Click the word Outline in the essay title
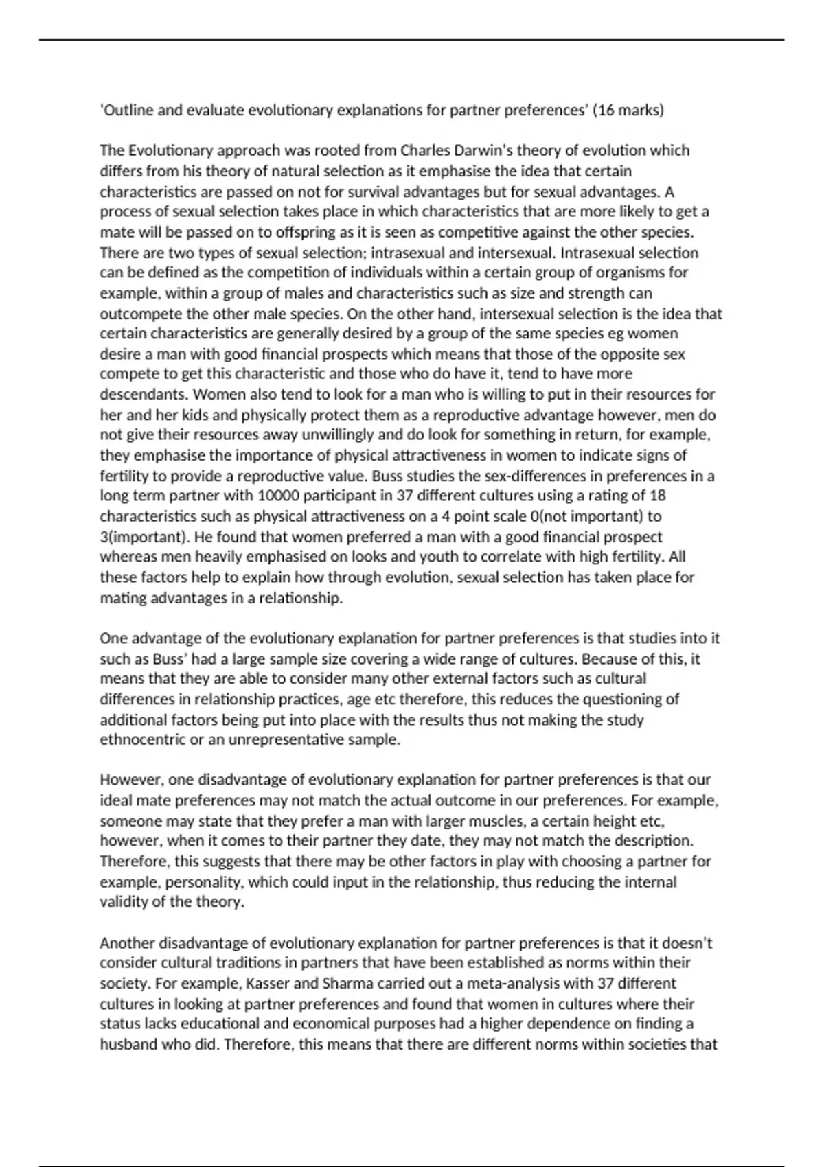pyautogui.click(x=127, y=110)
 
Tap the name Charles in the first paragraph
pyautogui.click(x=426, y=150)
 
